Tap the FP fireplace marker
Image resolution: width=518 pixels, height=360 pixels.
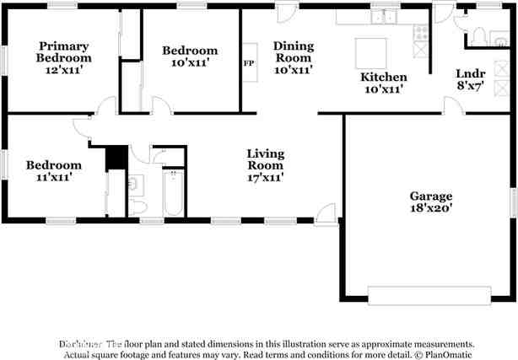248,63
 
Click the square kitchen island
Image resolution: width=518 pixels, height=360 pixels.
370,53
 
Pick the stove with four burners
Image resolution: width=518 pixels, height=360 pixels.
420,33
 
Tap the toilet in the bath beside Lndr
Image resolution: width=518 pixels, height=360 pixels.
478,35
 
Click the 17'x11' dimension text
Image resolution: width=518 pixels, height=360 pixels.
265,177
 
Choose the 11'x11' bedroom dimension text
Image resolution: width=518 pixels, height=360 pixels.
53,177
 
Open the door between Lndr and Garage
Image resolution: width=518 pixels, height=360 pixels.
453,105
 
